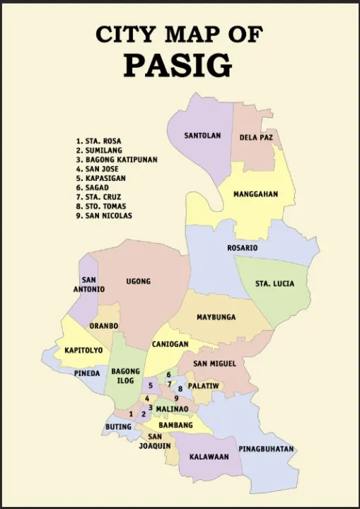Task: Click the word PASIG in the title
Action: pos(178,64)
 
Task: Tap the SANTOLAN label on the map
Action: pos(203,135)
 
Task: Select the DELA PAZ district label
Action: pos(256,137)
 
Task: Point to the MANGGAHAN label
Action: pos(255,194)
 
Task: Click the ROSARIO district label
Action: pos(242,248)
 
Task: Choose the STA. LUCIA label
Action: pos(275,283)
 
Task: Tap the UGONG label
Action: pos(139,281)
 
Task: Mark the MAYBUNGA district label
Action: pos(216,317)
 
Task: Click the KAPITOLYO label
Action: pos(83,350)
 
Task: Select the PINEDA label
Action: pos(88,373)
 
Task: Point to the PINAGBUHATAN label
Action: pos(266,449)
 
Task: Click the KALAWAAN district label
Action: pos(209,457)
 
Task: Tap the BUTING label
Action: pos(119,427)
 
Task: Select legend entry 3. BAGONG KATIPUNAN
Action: pos(117,160)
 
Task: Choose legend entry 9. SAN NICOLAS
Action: pos(104,216)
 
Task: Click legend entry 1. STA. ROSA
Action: pos(99,141)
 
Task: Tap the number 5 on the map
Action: pos(151,385)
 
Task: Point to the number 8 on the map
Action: pos(180,389)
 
